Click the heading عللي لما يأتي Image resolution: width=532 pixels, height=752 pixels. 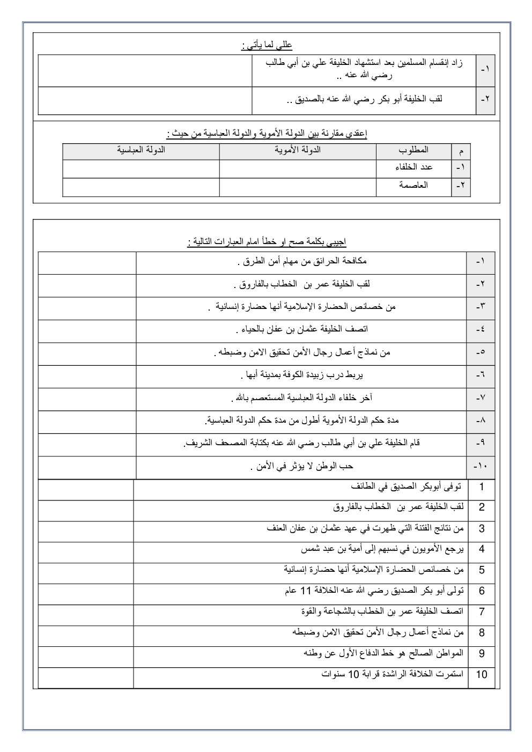click(267, 46)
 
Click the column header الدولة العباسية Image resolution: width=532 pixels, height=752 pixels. click(141, 150)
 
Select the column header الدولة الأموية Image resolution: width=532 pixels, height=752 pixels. click(298, 150)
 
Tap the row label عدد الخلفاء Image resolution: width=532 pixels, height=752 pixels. click(413, 167)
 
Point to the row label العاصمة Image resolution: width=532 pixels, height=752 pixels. click(413, 186)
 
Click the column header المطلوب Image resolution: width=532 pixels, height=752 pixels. click(414, 150)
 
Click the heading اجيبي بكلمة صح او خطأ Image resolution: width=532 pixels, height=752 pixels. click(267, 242)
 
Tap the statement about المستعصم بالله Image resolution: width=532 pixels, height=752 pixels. click(301, 398)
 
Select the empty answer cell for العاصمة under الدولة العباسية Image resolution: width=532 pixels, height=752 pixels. click(141, 187)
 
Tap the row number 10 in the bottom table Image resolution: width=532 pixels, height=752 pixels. click(481, 674)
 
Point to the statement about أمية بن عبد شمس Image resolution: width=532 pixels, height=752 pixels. click(382, 549)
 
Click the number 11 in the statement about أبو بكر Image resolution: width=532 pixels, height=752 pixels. click(305, 591)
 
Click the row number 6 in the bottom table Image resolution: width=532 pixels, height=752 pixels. click(481, 591)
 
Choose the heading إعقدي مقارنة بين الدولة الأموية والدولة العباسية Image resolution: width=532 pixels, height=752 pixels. click(267, 134)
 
